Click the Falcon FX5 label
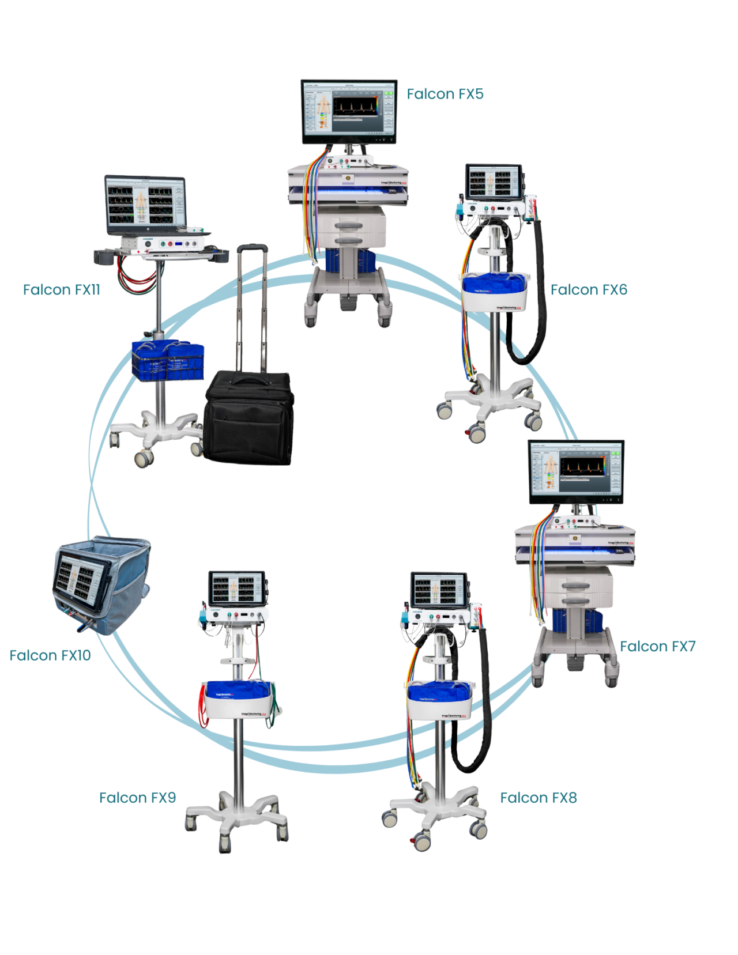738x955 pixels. [445, 95]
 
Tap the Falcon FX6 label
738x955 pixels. [589, 290]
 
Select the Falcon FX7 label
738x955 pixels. [657, 647]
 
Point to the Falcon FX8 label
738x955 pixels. [538, 798]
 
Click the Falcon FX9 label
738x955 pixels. [137, 798]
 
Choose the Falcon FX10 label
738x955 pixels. [50, 655]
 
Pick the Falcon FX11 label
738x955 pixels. [61, 290]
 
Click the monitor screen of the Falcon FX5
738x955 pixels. [349, 112]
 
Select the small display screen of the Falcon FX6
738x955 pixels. [493, 181]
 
